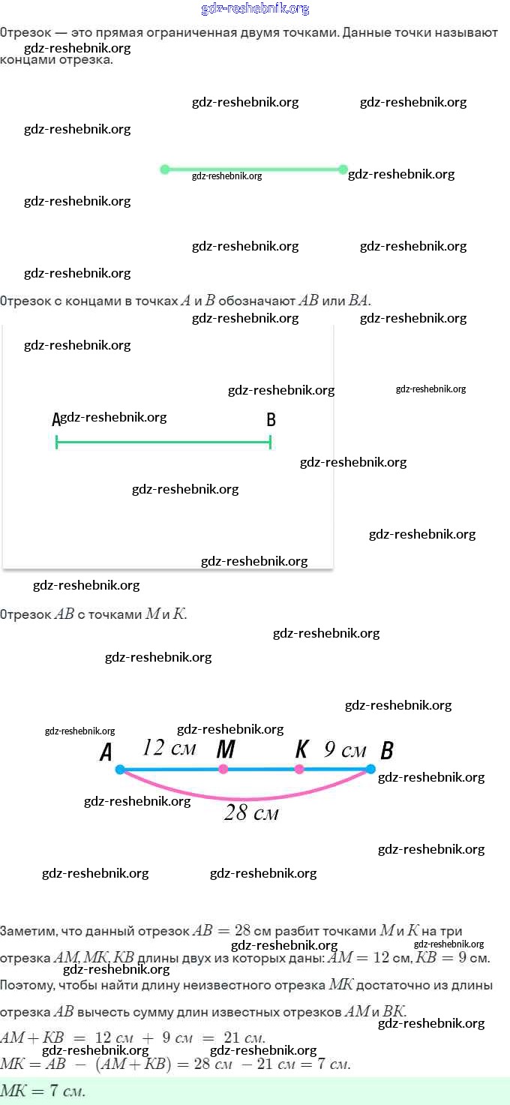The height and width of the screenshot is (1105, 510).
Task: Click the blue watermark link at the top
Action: pyautogui.click(x=255, y=9)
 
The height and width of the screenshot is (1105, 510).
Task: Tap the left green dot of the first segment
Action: pyautogui.click(x=165, y=170)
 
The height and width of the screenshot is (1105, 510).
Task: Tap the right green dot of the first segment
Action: pyautogui.click(x=343, y=170)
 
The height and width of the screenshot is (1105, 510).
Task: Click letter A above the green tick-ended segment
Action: pyautogui.click(x=55, y=420)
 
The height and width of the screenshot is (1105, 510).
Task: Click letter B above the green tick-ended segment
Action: pyautogui.click(x=271, y=420)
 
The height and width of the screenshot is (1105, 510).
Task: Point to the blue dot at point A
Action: pyautogui.click(x=120, y=770)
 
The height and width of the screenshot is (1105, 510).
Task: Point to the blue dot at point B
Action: pyautogui.click(x=370, y=769)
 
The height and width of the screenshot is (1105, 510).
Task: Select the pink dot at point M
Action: pyautogui.click(x=223, y=769)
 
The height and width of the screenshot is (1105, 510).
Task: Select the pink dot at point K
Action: pyautogui.click(x=299, y=769)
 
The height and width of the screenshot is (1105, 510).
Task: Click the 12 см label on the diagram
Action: pyautogui.click(x=169, y=748)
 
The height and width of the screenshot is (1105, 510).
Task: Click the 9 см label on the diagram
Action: pyautogui.click(x=345, y=749)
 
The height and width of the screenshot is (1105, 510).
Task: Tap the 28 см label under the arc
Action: pyautogui.click(x=251, y=812)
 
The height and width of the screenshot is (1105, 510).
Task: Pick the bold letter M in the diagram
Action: pyautogui.click(x=226, y=749)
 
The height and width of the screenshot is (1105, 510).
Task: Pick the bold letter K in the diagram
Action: pyautogui.click(x=302, y=749)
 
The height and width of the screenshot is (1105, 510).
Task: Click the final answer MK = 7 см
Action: pyautogui.click(x=43, y=1091)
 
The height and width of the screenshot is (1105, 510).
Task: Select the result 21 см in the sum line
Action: pyautogui.click(x=244, y=1038)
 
